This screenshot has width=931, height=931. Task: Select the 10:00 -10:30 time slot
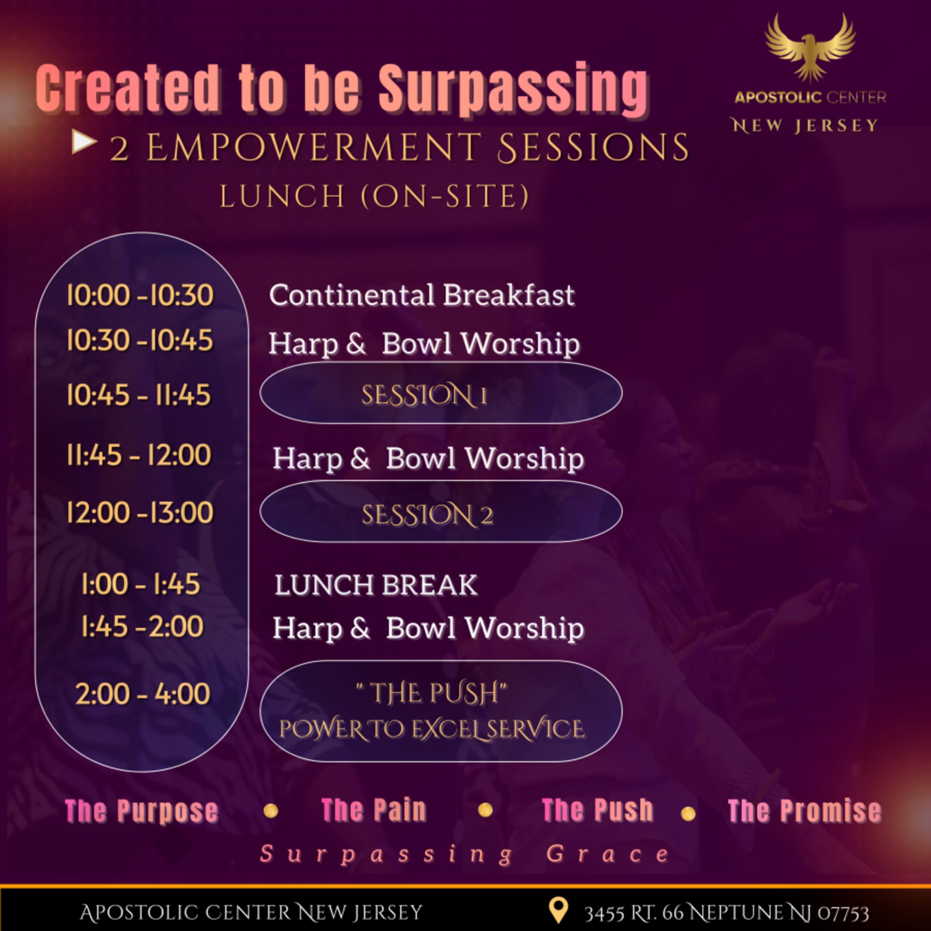140,295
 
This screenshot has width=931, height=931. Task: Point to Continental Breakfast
422,295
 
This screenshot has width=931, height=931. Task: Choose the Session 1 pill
441,393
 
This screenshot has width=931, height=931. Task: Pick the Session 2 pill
441,512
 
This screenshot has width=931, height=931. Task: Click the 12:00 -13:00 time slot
140,512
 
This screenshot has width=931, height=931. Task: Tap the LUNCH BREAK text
376,585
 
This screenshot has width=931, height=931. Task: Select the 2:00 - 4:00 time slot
143,694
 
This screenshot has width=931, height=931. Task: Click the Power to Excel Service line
432,729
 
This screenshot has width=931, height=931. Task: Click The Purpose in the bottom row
142,811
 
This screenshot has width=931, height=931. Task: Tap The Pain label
374,810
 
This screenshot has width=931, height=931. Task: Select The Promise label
805,811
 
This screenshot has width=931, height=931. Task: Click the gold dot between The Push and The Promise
688,814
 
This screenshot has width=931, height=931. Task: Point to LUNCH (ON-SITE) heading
375,196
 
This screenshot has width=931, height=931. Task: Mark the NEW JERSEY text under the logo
805,126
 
